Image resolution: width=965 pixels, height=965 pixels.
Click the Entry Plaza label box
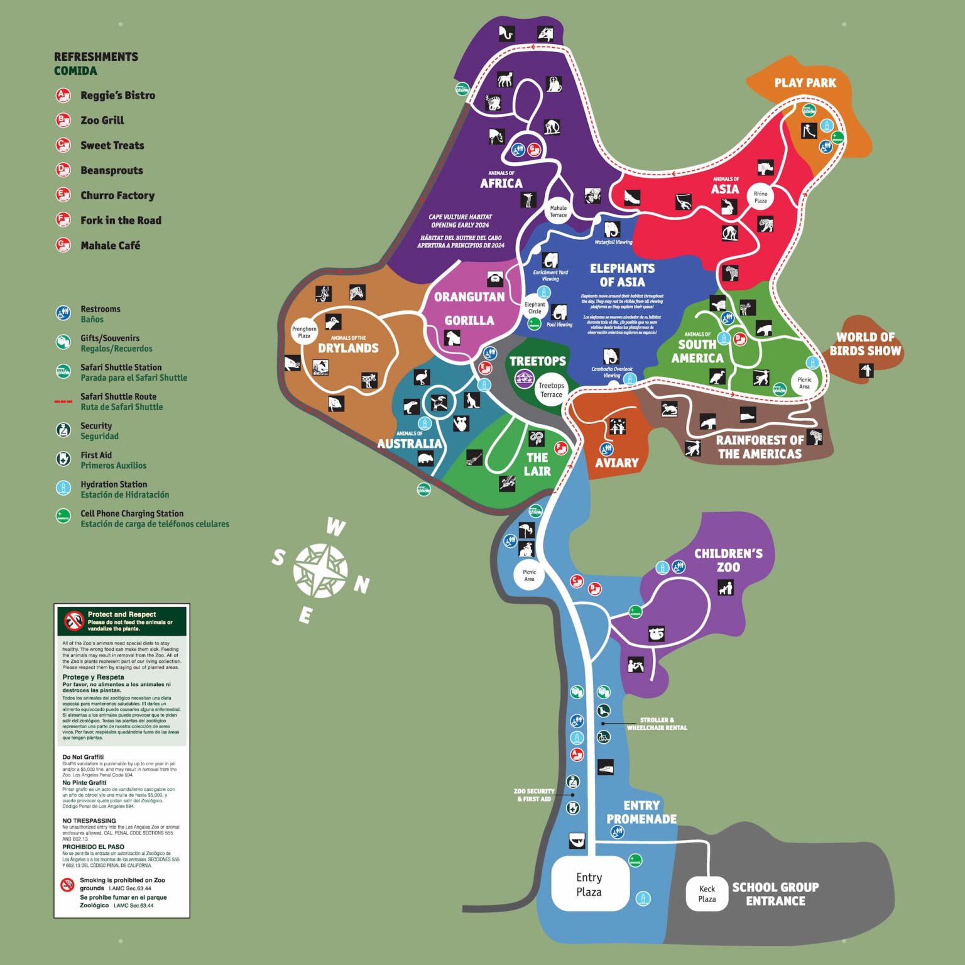[589, 884]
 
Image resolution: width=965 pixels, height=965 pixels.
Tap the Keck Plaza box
[707, 893]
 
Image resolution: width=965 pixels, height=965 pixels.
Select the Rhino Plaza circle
[760, 197]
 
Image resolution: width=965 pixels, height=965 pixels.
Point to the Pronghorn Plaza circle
[304, 332]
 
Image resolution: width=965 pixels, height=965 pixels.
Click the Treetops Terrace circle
[551, 390]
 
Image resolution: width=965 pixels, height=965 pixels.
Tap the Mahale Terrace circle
[558, 211]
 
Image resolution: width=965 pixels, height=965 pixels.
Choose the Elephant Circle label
[535, 308]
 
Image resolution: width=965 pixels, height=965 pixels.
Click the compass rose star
[320, 570]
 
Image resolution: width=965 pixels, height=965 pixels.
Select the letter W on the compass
[336, 527]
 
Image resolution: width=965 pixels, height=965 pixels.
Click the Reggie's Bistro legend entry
[117, 95]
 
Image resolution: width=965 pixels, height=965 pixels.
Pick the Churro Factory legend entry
[117, 195]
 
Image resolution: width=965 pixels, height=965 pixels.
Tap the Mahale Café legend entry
[110, 246]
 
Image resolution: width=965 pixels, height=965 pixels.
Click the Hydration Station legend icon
[63, 488]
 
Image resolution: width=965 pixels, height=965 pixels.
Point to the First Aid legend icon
[63, 459]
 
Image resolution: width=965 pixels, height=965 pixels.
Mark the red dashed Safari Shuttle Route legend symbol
[63, 401]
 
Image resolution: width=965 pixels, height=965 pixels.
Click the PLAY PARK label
[805, 83]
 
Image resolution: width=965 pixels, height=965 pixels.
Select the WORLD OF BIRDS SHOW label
[865, 344]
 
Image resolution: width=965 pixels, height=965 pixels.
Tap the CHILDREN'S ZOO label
[728, 560]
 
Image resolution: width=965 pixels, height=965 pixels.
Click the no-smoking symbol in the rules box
[67, 885]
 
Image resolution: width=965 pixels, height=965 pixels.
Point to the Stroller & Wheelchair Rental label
[657, 724]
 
